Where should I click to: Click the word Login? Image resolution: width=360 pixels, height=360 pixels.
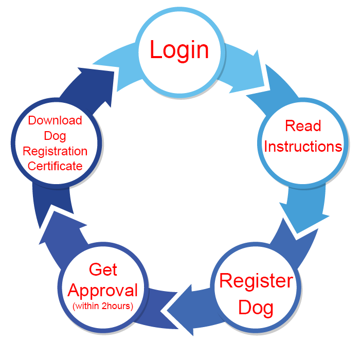179,50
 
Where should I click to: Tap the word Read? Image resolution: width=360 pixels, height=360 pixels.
303,126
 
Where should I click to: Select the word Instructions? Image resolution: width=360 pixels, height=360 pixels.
303,147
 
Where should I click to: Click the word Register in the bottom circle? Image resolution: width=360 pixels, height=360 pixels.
256,281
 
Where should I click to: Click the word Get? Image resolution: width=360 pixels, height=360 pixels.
103,269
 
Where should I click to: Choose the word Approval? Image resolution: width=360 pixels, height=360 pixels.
103,291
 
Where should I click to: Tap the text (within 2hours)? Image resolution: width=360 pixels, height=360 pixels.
103,307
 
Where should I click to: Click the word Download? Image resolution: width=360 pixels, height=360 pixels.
55,120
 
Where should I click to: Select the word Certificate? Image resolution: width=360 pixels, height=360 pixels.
55,166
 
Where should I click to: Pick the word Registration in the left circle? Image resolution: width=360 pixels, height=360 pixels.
55,151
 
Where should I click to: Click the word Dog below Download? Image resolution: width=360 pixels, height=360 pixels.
55,136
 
